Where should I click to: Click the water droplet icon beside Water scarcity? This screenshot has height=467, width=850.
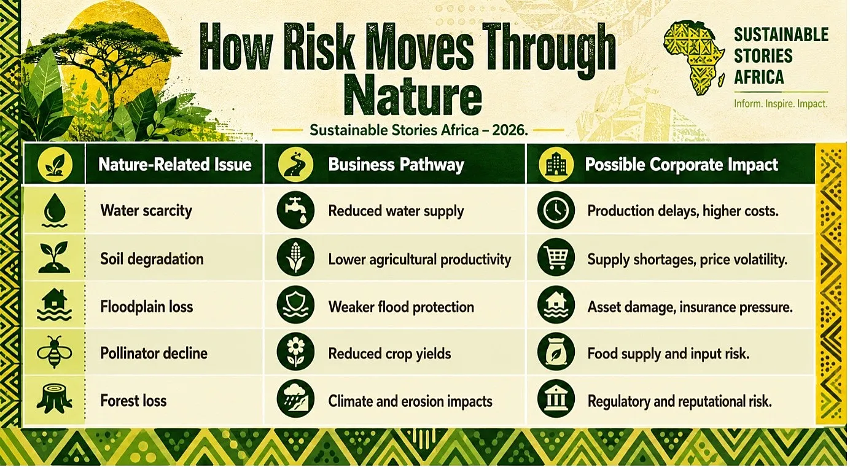coord(55,210)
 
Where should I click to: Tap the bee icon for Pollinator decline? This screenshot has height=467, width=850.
coord(55,352)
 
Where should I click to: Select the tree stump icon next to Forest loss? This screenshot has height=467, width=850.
coord(55,399)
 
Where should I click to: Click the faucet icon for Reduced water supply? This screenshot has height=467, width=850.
coord(295,210)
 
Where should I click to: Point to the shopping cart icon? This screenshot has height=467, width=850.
coord(556,257)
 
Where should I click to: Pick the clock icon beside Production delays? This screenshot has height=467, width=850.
coord(556,210)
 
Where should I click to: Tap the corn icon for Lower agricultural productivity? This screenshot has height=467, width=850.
coord(295,257)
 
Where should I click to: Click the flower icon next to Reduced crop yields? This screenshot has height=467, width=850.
coord(295,352)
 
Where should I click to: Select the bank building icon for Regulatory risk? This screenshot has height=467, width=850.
coord(556,399)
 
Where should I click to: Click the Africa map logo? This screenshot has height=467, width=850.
coord(693,58)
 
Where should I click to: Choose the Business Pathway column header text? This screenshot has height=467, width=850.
coord(396,165)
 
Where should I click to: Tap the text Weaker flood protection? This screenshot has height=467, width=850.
coord(401,307)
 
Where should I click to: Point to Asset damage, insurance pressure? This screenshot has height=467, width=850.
coord(690,307)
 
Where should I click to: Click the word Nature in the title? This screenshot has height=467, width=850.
coord(413,95)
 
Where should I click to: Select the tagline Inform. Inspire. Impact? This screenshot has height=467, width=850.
coord(781,104)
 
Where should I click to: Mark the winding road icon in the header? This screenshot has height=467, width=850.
coord(295,165)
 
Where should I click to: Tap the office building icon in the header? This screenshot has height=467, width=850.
coord(556,165)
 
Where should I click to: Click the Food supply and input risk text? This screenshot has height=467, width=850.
coord(668,354)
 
